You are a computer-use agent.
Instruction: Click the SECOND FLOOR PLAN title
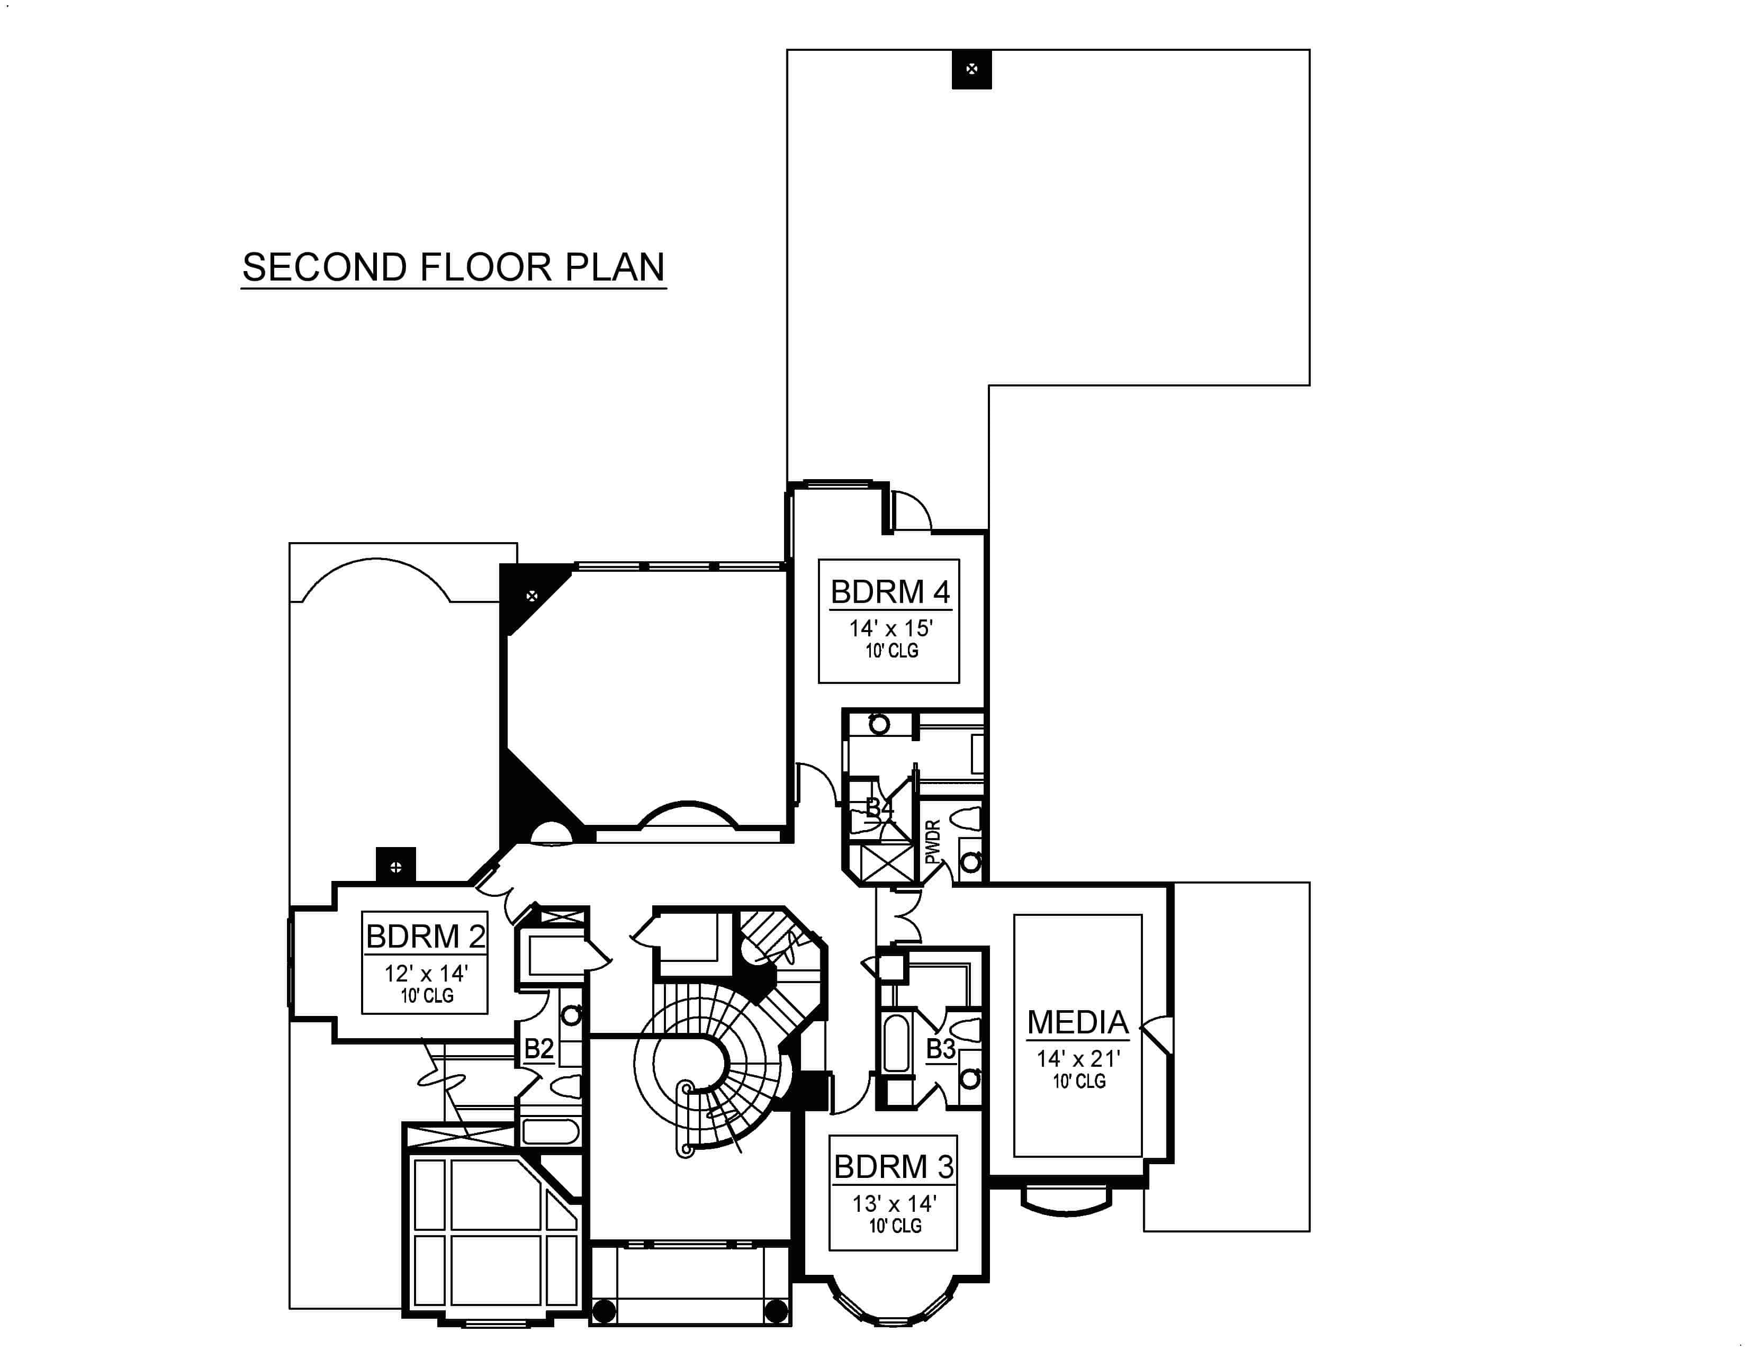(454, 267)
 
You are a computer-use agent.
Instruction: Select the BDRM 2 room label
(426, 937)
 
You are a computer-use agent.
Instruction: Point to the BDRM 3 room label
(894, 1167)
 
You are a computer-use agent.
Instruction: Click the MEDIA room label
(1077, 1022)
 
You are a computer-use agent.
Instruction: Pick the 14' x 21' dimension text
(1078, 1059)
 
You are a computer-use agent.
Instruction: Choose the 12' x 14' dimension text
(426, 973)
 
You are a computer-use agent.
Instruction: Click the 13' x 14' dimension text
(894, 1204)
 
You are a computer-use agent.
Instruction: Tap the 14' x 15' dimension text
(891, 628)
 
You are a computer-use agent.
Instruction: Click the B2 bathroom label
(538, 1048)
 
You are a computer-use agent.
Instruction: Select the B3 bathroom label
(941, 1048)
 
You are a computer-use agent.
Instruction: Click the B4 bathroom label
(879, 808)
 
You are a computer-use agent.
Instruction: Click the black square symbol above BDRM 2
(396, 866)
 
